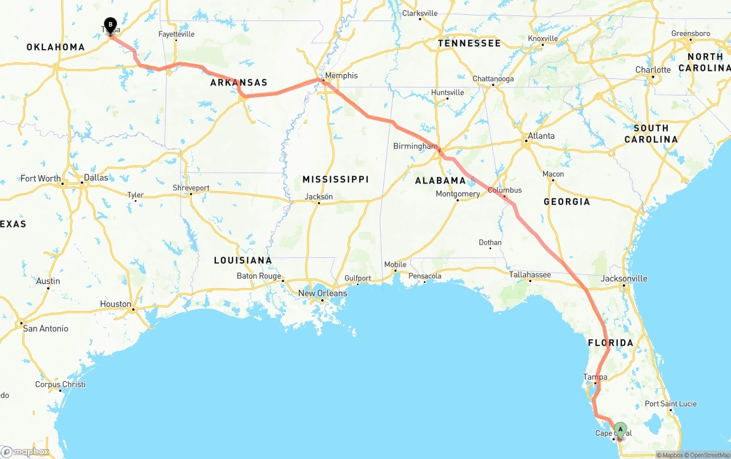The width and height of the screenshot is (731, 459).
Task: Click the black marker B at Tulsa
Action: tap(110, 25)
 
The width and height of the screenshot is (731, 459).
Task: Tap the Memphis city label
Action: tap(341, 75)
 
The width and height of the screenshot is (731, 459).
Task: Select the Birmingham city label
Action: tap(415, 146)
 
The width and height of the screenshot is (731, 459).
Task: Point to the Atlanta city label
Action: tap(541, 136)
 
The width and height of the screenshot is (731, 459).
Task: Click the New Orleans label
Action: tap(322, 293)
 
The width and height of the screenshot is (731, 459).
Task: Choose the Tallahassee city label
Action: tap(530, 275)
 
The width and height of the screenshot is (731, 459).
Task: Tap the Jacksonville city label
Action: tap(624, 278)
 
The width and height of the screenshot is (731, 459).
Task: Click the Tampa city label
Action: tap(595, 377)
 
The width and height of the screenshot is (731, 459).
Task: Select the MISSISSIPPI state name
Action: tap(335, 179)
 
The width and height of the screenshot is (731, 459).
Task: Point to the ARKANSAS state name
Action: tap(239, 83)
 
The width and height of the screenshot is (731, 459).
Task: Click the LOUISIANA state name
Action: tap(243, 261)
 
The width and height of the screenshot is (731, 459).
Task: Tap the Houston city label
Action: tap(115, 304)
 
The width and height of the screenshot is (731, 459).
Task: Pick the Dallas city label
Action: tap(95, 178)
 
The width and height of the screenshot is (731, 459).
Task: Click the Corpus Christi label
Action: tap(60, 385)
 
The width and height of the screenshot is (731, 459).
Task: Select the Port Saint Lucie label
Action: tap(670, 404)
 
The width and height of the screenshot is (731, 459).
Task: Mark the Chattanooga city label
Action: tap(493, 79)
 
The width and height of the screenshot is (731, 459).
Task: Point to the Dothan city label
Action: tap(490, 243)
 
